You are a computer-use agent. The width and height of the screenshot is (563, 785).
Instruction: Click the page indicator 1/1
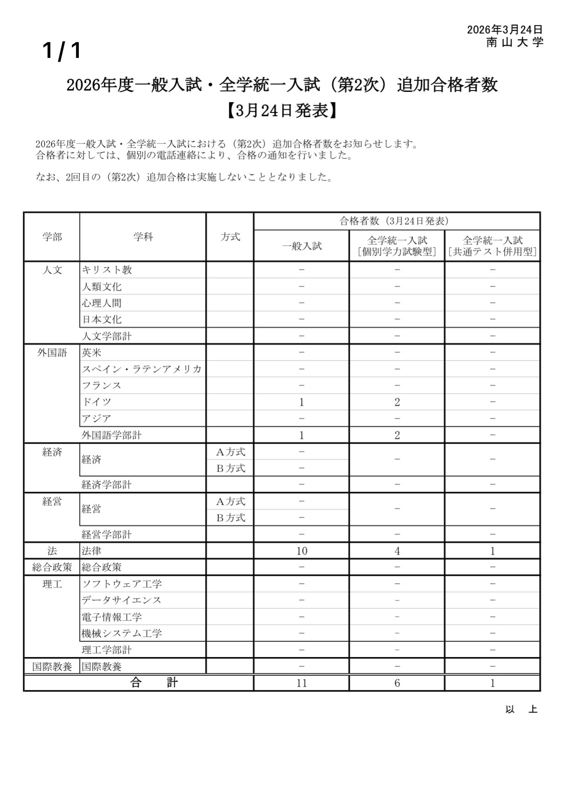point(62,50)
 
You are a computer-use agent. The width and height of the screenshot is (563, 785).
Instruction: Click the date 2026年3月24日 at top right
point(505,30)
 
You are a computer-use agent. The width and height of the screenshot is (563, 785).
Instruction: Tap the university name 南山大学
point(514,42)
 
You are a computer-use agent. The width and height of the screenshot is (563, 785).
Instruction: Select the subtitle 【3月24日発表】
point(281,111)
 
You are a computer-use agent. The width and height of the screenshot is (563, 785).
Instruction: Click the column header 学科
point(143,237)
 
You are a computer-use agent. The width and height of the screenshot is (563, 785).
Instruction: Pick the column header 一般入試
point(302,246)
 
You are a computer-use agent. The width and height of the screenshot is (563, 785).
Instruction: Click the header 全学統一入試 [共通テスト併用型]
point(492,246)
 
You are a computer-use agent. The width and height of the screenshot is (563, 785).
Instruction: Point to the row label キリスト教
point(107,270)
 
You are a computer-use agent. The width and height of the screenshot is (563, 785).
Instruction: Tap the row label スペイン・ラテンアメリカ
point(142,369)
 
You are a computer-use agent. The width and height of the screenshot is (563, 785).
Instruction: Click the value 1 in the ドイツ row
point(302,402)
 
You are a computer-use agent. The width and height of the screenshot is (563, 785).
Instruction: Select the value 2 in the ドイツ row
point(397,402)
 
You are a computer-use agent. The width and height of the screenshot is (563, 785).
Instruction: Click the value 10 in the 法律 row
point(302,551)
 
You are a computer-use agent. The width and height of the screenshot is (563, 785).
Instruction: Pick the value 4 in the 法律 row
point(397,551)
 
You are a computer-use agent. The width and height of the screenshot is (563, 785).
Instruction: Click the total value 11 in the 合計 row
point(302,683)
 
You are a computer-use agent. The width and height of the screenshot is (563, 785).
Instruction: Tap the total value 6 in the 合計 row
point(397,683)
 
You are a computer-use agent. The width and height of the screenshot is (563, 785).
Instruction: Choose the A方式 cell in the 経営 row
point(230,502)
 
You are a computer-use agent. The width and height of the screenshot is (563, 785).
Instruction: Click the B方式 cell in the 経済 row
point(230,468)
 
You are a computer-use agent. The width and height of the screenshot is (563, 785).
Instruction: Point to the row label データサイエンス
point(121,600)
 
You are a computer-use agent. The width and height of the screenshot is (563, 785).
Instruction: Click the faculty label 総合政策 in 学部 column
point(52,567)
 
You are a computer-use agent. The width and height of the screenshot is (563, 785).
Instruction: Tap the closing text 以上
point(521,709)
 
